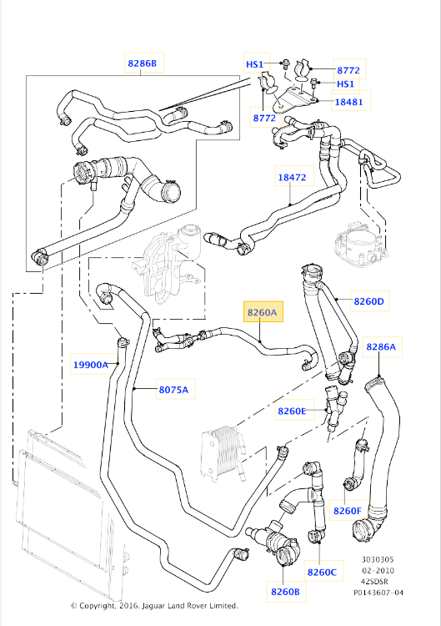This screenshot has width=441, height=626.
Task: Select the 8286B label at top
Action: click(x=143, y=63)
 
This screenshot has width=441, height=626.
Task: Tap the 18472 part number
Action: click(x=292, y=177)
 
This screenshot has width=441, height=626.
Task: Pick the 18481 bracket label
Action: click(x=349, y=101)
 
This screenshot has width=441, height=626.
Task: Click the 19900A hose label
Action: click(x=91, y=365)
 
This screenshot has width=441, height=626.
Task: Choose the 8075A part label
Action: click(x=174, y=390)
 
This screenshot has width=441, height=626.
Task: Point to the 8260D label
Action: click(x=368, y=301)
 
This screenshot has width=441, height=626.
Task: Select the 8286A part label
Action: click(x=381, y=346)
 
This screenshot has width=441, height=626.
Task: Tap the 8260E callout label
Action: click(x=292, y=411)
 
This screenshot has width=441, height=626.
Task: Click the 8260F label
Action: click(x=348, y=511)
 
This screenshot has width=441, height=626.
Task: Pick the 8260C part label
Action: click(x=322, y=572)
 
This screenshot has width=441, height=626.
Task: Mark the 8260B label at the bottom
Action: click(x=285, y=591)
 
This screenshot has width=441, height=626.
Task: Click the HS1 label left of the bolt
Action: click(x=254, y=64)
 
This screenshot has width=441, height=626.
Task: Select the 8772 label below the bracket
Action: click(x=264, y=118)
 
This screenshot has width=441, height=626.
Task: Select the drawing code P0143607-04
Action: click(x=378, y=593)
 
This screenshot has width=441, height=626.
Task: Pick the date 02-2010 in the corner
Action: click(x=378, y=570)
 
